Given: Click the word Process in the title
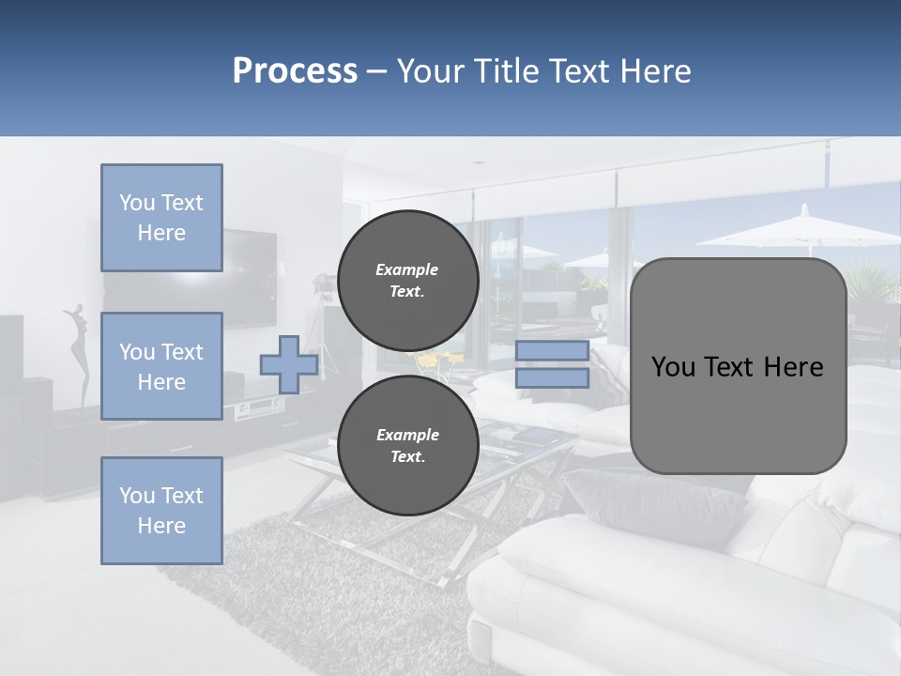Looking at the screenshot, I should pyautogui.click(x=295, y=71).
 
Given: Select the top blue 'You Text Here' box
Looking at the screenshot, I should pyautogui.click(x=161, y=218).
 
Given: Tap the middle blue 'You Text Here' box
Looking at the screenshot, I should pyautogui.click(x=161, y=366).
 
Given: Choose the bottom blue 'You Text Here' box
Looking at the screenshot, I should pyautogui.click(x=161, y=511).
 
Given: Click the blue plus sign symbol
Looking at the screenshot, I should pyautogui.click(x=288, y=365).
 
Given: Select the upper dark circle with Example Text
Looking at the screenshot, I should pyautogui.click(x=407, y=281).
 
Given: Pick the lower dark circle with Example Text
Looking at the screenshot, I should pyautogui.click(x=407, y=446).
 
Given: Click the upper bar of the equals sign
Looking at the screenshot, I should pyautogui.click(x=552, y=351).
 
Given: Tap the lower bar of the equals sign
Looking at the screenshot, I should pyautogui.click(x=552, y=378).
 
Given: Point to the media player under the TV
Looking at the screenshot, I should pyautogui.click(x=257, y=407).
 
